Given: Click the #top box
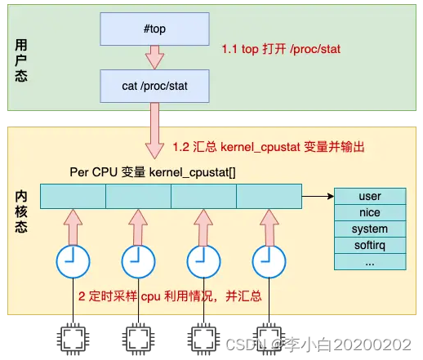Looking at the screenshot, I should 154,28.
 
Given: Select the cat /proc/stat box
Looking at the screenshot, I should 154,85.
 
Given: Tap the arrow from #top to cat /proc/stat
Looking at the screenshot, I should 154,56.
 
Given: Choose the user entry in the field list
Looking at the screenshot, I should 370,197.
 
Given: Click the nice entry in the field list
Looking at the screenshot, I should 370,213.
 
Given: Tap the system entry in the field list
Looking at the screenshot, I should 370,229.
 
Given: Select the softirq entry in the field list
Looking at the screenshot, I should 370,246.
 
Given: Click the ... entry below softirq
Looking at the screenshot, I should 370,262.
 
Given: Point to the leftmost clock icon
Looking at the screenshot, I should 72,260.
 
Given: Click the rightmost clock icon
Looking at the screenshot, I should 268,260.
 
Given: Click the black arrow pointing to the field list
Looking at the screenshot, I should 317,196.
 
